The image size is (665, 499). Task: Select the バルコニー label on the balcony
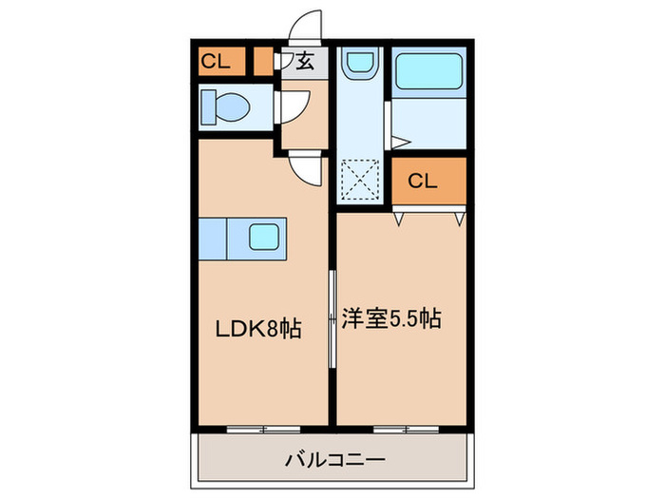pos(334,461)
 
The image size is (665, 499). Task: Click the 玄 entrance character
pos(304,63)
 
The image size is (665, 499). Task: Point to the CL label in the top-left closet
pos(215,63)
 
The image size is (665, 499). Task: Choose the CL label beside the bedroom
pos(424,181)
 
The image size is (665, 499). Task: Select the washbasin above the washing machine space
pos(359,65)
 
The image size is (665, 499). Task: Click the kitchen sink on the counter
pos(267,235)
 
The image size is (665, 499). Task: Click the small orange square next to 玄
pos(263,62)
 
